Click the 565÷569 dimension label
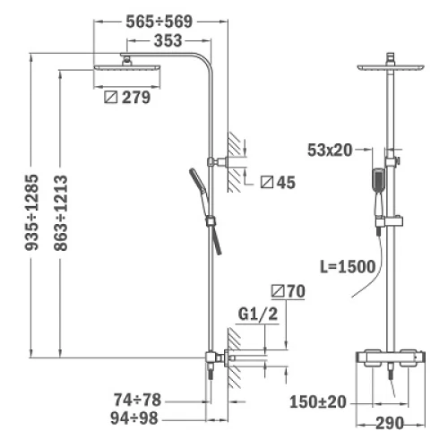point(159,22)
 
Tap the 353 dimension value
point(168,40)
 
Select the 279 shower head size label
point(136,98)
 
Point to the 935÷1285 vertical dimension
point(32,212)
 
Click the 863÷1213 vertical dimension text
point(61,212)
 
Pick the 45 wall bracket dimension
point(286,182)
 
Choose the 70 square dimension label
point(297,291)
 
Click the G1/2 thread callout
point(258,314)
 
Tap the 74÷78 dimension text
point(137,400)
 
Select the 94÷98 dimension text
point(134,418)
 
